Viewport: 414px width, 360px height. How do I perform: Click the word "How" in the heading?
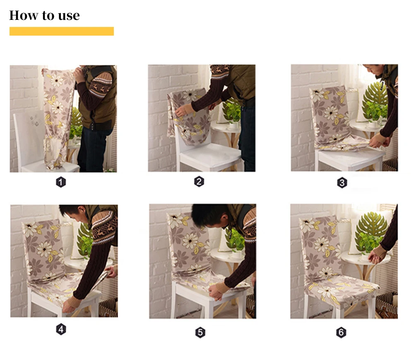[24, 15]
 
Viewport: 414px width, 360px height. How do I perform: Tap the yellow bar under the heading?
[62, 31]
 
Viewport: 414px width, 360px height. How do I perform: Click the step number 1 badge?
[61, 182]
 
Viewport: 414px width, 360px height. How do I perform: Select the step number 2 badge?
[199, 182]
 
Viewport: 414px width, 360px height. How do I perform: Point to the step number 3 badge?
[342, 183]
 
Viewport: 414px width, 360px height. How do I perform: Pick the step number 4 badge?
[61, 329]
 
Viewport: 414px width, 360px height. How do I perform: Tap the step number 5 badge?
[200, 333]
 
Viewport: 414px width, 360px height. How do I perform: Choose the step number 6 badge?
[341, 333]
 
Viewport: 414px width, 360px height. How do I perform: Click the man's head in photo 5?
[210, 216]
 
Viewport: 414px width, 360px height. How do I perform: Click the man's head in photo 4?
[75, 213]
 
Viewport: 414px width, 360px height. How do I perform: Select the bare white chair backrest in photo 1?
[29, 138]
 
